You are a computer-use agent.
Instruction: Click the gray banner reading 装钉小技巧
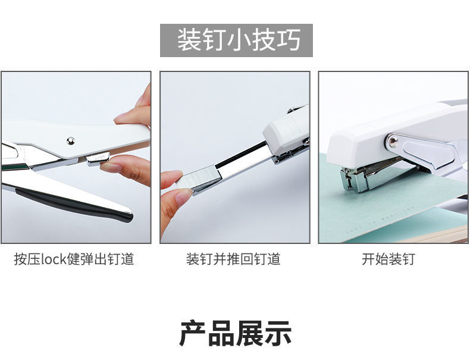click(x=236, y=40)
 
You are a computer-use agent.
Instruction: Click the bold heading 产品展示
click(x=235, y=334)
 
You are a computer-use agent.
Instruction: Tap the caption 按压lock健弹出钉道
click(x=74, y=259)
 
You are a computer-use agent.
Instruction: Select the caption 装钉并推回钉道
click(x=233, y=259)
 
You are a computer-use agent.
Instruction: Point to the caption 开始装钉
click(x=388, y=259)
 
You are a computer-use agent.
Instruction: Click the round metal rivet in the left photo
click(x=70, y=141)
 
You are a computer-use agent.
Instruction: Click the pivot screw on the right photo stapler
click(x=392, y=141)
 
